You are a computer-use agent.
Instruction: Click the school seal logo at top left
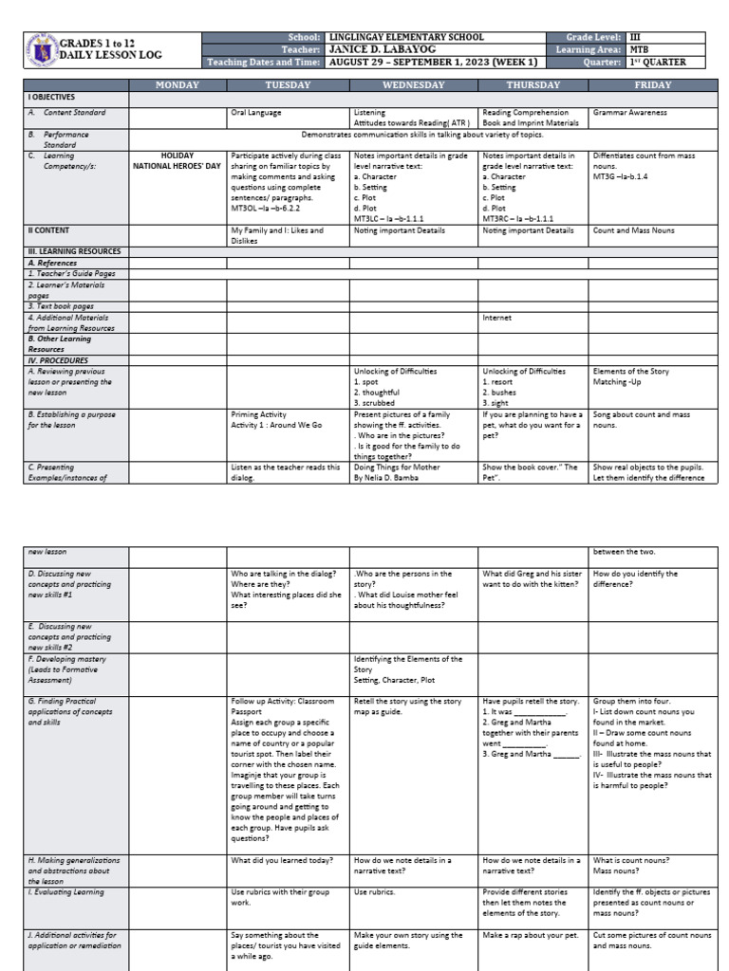click(42, 50)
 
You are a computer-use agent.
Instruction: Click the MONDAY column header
click(177, 85)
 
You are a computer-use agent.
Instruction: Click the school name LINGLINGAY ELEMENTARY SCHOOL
click(405, 37)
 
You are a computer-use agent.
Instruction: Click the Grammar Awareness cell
click(629, 113)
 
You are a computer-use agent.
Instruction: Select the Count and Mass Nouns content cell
click(635, 230)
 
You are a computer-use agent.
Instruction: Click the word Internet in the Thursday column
click(498, 318)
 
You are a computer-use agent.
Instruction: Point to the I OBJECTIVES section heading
click(52, 98)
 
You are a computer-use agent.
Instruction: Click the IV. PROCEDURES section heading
click(58, 360)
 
